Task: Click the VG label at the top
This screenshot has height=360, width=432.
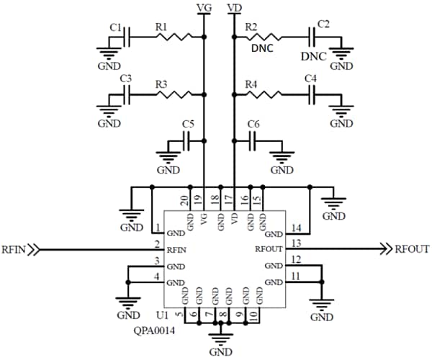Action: click(x=204, y=7)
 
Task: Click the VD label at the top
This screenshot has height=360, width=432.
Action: click(x=233, y=7)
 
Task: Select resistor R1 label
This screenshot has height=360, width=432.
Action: click(x=161, y=27)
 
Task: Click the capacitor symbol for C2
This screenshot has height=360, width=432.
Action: click(x=313, y=37)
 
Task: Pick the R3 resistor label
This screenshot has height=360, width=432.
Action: click(x=161, y=84)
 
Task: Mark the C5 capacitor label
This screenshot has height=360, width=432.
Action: click(x=188, y=124)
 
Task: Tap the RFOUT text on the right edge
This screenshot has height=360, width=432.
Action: click(x=412, y=249)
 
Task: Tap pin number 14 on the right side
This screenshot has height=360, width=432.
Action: click(x=296, y=227)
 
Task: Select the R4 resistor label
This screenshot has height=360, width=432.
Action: click(x=251, y=84)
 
